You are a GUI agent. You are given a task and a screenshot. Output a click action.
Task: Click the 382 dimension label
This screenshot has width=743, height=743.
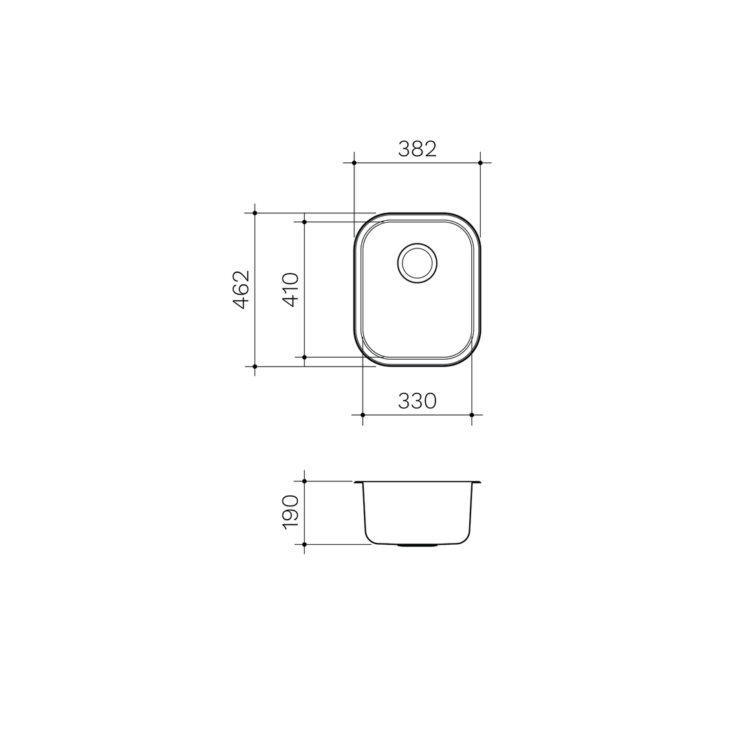(417, 149)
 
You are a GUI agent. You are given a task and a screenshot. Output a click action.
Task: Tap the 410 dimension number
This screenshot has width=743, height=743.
(290, 290)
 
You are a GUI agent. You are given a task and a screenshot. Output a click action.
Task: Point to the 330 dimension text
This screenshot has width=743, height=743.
(417, 400)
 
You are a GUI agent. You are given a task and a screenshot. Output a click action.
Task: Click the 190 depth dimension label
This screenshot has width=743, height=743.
(290, 513)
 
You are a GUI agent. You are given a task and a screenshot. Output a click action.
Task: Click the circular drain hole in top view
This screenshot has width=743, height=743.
(417, 263)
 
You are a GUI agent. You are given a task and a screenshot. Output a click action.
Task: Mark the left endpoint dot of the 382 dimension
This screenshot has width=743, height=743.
(354, 163)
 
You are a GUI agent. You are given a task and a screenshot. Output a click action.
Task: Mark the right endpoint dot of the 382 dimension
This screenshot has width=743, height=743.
(480, 163)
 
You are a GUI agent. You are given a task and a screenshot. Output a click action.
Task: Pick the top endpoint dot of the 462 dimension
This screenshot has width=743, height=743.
(255, 213)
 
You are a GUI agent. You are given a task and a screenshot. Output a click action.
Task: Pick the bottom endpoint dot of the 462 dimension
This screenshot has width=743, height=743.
(255, 367)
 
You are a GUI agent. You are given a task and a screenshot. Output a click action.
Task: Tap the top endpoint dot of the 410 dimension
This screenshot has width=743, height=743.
(304, 222)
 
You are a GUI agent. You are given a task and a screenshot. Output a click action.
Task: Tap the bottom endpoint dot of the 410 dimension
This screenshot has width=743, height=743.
(304, 357)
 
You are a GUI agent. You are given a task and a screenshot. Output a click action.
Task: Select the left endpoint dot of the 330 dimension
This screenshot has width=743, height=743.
(363, 415)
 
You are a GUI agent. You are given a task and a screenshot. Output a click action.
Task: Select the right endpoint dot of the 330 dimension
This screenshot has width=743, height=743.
(471, 415)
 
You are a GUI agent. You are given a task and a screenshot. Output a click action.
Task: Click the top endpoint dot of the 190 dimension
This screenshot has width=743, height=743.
(304, 482)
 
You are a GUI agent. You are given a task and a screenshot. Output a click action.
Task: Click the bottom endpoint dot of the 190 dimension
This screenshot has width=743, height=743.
(304, 544)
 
